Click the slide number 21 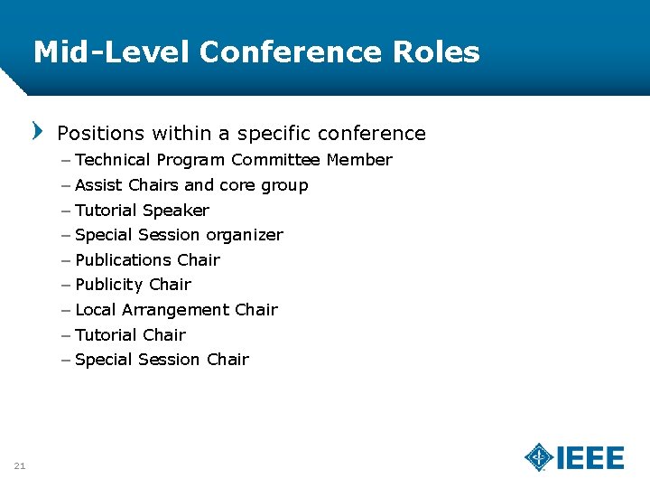click(x=20, y=465)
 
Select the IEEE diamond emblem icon click(x=540, y=457)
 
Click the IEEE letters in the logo click(x=590, y=458)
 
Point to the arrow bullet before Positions click(x=37, y=131)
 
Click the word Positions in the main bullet click(x=100, y=134)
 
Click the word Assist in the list click(x=99, y=185)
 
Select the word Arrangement click(x=176, y=310)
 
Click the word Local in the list click(x=96, y=310)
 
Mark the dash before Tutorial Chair click(x=68, y=335)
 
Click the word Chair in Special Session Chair click(x=227, y=360)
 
